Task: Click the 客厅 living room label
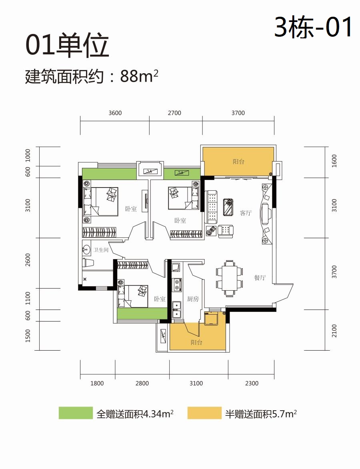coord(246,213)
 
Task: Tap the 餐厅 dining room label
coord(260,277)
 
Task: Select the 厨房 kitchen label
coord(193,299)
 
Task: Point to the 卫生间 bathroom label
coord(100,250)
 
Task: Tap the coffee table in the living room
coord(228,207)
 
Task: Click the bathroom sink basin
coord(86,249)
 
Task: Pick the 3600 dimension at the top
coord(115,113)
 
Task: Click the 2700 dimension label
coord(174,113)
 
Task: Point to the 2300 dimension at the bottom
coord(252,383)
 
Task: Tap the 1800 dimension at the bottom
coord(97,383)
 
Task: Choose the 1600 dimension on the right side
coord(334,161)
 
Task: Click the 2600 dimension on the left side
coord(28,260)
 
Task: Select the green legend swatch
coord(76,413)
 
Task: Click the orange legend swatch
coord(204,413)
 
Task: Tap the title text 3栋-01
coord(313,27)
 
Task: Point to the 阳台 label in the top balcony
coord(238,162)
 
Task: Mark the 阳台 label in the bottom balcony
coord(197,343)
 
